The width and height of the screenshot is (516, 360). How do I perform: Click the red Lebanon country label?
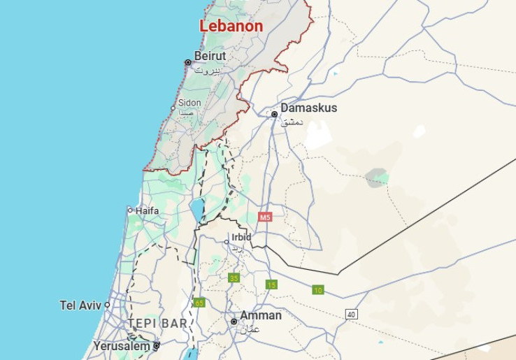[231, 26]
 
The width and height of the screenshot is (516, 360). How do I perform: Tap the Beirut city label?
[210, 56]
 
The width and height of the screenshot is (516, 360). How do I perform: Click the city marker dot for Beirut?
[187, 62]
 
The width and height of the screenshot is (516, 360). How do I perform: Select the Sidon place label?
[189, 103]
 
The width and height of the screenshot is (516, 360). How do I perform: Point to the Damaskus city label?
[308, 108]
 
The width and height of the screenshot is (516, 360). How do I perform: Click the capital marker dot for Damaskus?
[275, 114]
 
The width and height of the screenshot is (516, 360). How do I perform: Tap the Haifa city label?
[147, 210]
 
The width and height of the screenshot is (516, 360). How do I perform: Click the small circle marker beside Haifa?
[130, 210]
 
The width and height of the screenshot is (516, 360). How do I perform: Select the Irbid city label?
[241, 237]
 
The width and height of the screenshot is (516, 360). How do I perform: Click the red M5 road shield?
[264, 217]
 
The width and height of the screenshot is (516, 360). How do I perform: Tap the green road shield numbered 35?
[234, 278]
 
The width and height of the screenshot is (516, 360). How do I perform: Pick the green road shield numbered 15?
[271, 284]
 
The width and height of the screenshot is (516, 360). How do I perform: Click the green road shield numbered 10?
[318, 289]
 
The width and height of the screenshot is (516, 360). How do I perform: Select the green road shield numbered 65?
[199, 302]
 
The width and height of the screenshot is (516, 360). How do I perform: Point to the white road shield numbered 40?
[351, 315]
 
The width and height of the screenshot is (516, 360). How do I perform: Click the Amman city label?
[260, 315]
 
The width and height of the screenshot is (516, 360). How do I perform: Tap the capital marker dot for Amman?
[234, 322]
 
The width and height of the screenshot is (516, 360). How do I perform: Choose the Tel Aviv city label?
[80, 305]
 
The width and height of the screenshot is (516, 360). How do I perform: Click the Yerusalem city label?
[122, 345]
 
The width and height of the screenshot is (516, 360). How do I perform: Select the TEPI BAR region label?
[157, 324]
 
